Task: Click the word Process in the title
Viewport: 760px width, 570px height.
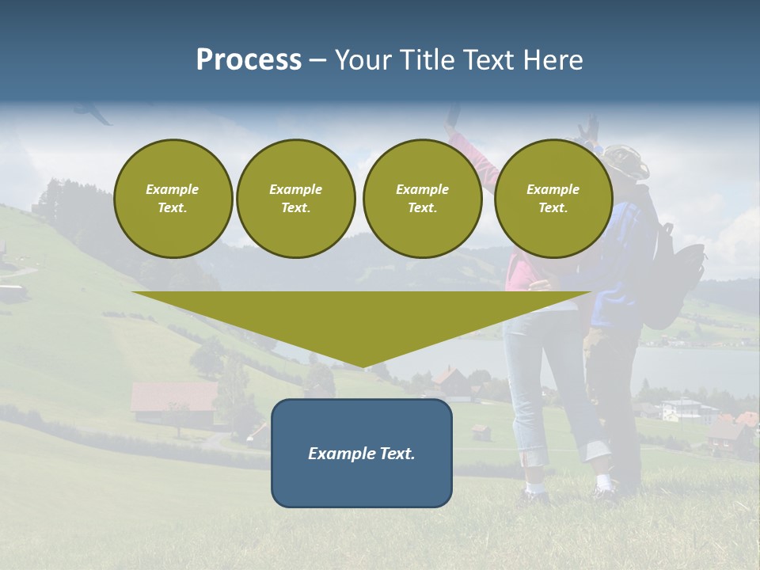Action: coord(249,60)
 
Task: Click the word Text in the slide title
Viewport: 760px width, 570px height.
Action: coord(490,60)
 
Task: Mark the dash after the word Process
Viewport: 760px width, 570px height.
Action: coord(317,62)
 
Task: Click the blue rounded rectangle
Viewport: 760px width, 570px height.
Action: coord(362,453)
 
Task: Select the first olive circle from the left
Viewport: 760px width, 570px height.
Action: coord(173,199)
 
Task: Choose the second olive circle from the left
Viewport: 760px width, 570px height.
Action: coord(296,199)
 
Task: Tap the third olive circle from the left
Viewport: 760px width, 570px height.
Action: coord(422,199)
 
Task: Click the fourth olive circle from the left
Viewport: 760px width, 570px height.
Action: coord(553,199)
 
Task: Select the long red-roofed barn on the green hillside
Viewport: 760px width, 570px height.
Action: coord(173,396)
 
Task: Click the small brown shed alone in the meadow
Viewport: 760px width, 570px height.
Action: coord(480,431)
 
